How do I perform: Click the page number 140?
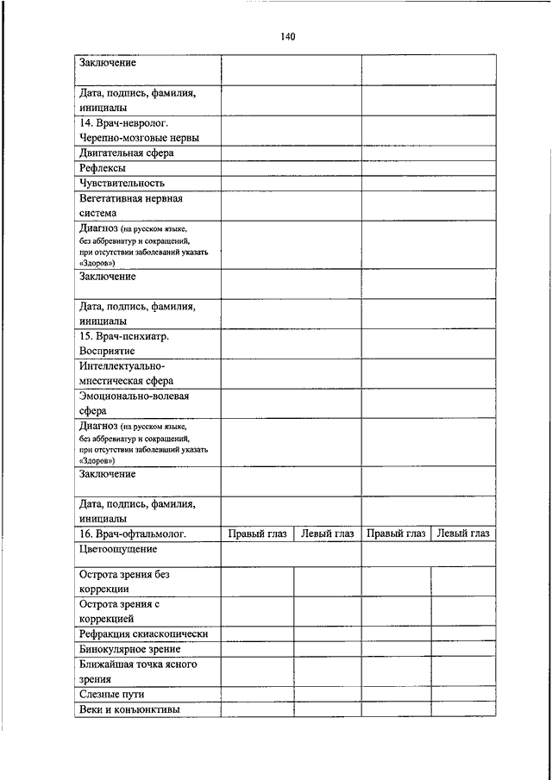288,37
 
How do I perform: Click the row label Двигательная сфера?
127,153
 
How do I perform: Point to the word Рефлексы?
103,168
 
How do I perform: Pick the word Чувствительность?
122,183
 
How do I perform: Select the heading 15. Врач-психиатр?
124,336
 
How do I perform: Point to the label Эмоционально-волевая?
134,396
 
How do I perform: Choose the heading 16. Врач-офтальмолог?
133,534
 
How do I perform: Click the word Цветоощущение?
118,548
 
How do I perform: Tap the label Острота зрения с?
120,604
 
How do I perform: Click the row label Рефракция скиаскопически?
144,634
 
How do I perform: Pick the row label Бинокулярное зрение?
129,649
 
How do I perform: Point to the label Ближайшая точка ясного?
138,665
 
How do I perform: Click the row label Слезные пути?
111,694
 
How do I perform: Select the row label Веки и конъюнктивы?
129,709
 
